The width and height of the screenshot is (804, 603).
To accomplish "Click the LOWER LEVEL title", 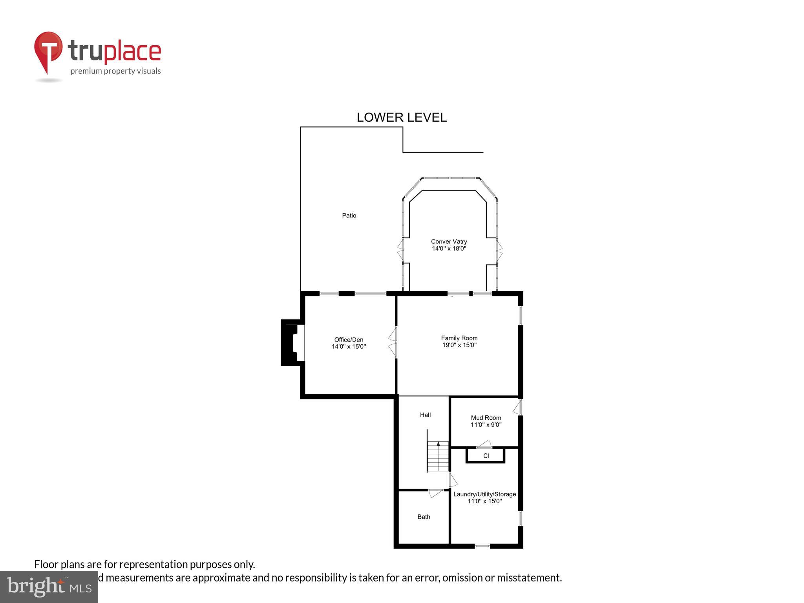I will (x=401, y=117).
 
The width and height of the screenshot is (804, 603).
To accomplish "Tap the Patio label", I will (x=349, y=216).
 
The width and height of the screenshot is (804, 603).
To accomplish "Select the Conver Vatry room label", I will (x=449, y=241).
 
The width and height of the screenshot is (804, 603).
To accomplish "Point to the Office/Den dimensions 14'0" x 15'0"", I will (x=349, y=347).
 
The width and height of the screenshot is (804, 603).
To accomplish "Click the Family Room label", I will (x=459, y=338).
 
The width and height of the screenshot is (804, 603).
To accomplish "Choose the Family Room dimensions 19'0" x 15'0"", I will (x=459, y=345).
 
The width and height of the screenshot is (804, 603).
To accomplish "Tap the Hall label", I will (x=425, y=415).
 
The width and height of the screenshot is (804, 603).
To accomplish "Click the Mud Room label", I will (x=486, y=418).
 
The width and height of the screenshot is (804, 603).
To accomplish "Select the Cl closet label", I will (x=486, y=456).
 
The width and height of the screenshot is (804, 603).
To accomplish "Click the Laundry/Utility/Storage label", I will (x=484, y=494).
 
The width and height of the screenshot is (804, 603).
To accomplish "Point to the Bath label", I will (x=424, y=517).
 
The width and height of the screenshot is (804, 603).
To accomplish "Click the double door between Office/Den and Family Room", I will (x=393, y=342).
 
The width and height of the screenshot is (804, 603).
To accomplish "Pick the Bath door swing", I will (x=435, y=493).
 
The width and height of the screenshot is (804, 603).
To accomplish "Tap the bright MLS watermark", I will (x=49, y=587).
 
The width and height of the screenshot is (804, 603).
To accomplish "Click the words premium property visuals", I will (x=115, y=71).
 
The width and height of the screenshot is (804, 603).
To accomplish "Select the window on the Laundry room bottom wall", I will (x=482, y=546).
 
